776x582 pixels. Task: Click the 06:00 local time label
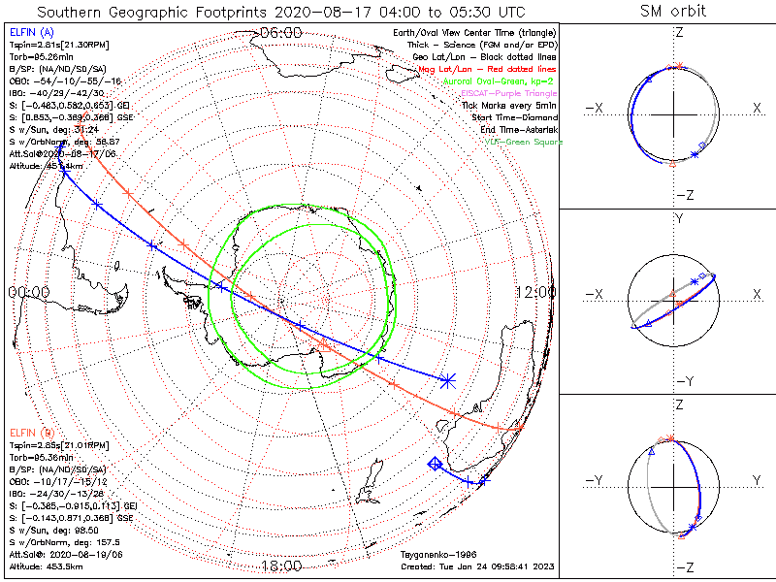click(x=281, y=32)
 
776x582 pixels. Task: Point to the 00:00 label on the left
click(x=29, y=291)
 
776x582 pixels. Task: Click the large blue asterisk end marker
click(x=446, y=380)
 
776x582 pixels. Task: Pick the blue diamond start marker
click(x=436, y=464)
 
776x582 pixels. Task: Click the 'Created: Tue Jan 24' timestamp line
click(x=477, y=566)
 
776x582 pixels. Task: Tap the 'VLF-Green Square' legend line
click(x=520, y=141)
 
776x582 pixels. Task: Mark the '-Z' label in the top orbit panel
click(x=684, y=195)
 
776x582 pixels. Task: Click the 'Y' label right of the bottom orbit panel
click(x=757, y=480)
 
